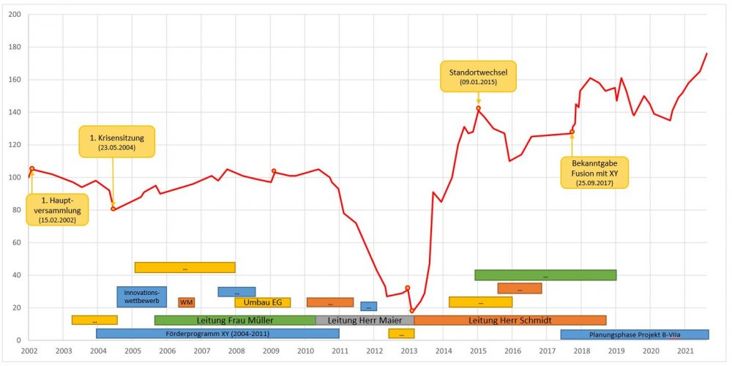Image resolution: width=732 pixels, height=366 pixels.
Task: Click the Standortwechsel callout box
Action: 478,75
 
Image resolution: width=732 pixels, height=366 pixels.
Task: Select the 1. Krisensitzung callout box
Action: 112,141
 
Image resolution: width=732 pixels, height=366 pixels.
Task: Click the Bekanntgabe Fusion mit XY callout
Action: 594,172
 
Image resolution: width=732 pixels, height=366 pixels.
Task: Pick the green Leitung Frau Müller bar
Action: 235,320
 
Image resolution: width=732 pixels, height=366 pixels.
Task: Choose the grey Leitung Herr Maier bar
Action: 365,320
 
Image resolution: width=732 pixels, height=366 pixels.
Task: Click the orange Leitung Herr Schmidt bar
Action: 509,320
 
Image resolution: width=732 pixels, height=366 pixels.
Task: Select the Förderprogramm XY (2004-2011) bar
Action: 217,334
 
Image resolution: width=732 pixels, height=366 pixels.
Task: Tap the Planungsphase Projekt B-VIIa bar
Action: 635,335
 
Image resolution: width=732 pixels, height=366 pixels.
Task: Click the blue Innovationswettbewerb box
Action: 142,296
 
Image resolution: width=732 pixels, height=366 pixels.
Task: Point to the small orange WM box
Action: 187,302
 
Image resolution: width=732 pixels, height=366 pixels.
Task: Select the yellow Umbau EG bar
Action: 262,302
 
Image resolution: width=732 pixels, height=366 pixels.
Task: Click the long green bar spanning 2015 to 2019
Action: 545,275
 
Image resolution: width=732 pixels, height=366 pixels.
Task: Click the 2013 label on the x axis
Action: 408,351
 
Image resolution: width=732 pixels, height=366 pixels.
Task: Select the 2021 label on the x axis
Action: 685,351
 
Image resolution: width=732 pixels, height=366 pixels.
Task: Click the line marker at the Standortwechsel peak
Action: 478,108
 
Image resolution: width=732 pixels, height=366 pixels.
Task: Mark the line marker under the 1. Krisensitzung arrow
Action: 113,209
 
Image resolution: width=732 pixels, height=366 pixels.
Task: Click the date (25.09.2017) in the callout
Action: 594,183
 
